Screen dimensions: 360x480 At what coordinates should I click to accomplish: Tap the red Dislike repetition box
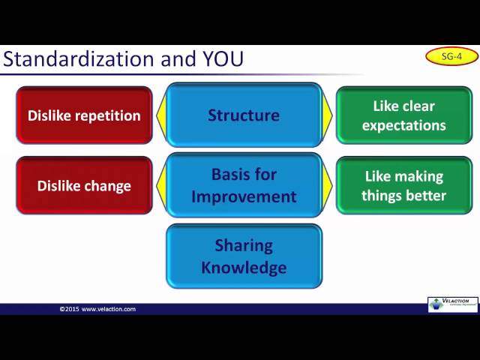click(84, 115)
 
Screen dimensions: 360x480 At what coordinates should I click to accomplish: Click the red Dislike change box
click(84, 186)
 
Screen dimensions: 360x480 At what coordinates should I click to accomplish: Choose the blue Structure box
click(244, 115)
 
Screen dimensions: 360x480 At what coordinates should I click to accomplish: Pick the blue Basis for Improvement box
click(244, 185)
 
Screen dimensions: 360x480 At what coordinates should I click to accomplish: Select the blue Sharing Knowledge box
click(244, 256)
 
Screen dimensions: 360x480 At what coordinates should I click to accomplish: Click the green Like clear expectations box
click(403, 115)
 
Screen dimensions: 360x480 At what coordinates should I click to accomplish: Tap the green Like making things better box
click(403, 186)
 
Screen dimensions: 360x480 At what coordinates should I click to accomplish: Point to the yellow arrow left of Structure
click(160, 115)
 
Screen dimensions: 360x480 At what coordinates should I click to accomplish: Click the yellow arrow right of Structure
click(327, 115)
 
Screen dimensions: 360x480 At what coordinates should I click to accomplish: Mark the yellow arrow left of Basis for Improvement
click(160, 185)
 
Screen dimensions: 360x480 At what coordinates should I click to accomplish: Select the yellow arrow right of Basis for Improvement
click(327, 185)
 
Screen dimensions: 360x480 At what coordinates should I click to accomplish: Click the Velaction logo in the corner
click(452, 304)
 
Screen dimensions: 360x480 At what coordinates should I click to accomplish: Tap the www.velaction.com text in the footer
click(109, 309)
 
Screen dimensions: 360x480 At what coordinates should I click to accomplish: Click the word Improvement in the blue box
click(244, 196)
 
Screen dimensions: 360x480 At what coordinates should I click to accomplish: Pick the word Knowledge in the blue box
click(244, 267)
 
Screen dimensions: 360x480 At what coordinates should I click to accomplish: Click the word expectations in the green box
click(403, 125)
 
